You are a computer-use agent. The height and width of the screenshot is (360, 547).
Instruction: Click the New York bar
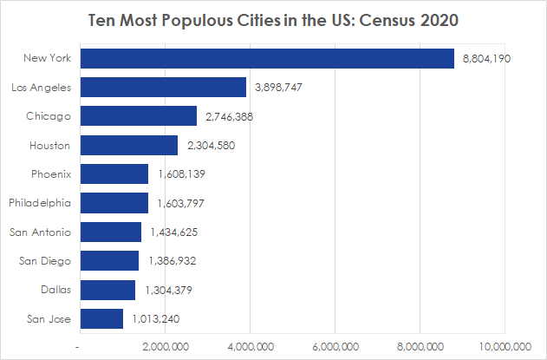267,58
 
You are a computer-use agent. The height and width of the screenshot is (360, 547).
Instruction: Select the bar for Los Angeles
163,88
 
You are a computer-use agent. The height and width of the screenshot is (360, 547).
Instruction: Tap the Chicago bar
138,116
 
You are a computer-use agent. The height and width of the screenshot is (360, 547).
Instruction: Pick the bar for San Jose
101,318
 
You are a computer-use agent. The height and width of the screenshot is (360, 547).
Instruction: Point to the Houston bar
128,145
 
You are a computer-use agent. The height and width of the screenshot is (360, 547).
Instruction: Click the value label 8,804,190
487,58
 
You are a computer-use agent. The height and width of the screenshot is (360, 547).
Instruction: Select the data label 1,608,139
181,174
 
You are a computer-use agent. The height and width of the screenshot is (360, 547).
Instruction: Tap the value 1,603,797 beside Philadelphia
181,203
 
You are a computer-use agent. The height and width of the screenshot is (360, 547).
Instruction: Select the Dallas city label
56,290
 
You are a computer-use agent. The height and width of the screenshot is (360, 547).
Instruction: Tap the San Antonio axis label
45,232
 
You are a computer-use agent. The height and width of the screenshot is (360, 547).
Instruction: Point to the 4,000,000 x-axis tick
250,347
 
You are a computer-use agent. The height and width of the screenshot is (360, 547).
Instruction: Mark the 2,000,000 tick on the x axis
165,347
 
